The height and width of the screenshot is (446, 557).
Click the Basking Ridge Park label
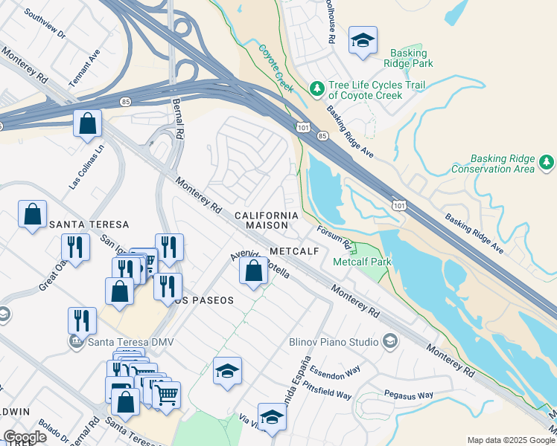[409, 58]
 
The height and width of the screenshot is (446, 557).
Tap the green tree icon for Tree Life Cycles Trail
[317, 89]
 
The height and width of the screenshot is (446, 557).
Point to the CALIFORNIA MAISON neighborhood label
[267, 219]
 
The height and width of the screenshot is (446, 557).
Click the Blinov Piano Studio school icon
[389, 341]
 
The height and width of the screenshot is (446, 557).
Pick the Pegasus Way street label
[408, 395]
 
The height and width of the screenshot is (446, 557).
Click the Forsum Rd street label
[334, 237]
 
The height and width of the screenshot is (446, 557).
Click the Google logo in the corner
[24, 437]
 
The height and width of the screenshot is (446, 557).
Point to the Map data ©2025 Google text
[509, 440]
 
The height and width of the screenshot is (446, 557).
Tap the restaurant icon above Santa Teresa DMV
[82, 320]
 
